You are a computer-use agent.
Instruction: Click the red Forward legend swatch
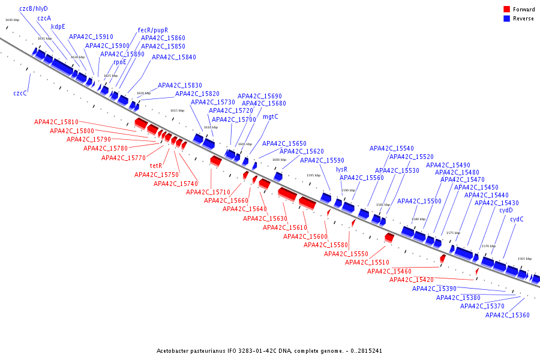coord(506,9)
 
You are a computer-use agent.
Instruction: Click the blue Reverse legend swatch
coord(506,19)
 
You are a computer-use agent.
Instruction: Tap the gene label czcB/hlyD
coord(34,8)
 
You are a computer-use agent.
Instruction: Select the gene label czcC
coord(20,93)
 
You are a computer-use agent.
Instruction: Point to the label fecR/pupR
coord(153,30)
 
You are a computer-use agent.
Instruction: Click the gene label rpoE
coord(120,62)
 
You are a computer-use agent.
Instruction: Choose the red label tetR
coord(157,166)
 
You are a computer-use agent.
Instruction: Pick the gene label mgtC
coord(271,116)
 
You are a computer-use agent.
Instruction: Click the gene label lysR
coord(341,169)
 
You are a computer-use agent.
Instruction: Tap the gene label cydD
coord(506,210)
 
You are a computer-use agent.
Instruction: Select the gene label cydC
coord(517,219)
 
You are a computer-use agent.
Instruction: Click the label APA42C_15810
coord(56,122)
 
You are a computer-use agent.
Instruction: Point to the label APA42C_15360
coord(508,315)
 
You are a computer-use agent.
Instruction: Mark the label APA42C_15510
coord(367,262)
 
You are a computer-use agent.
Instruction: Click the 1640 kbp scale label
coord(12,20)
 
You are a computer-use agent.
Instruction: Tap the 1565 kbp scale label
coord(524,259)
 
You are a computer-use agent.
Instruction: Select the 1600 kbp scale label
coord(279,160)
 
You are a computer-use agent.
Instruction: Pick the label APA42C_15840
coord(174,57)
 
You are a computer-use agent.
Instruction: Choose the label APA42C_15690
coord(260,96)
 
